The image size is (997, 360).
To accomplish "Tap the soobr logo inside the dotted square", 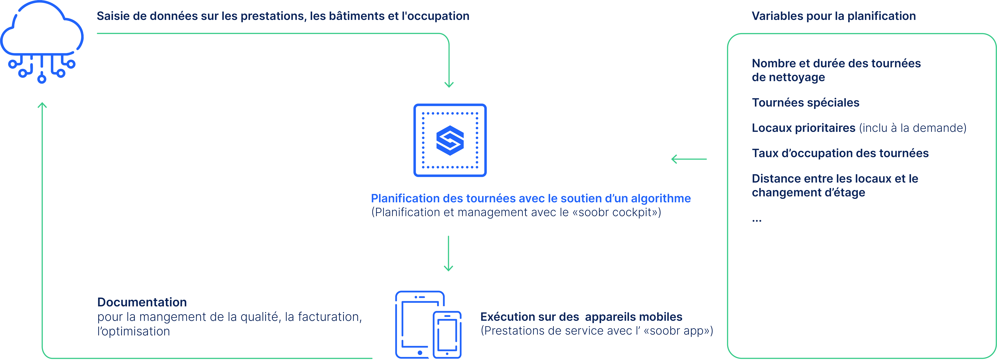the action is [450, 140].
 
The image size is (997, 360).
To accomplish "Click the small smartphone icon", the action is [447, 334].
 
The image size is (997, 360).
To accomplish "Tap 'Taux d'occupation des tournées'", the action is [840, 153].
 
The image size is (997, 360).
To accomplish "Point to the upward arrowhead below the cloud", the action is [42, 105].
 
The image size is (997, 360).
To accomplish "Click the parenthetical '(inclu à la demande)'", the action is [912, 128].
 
